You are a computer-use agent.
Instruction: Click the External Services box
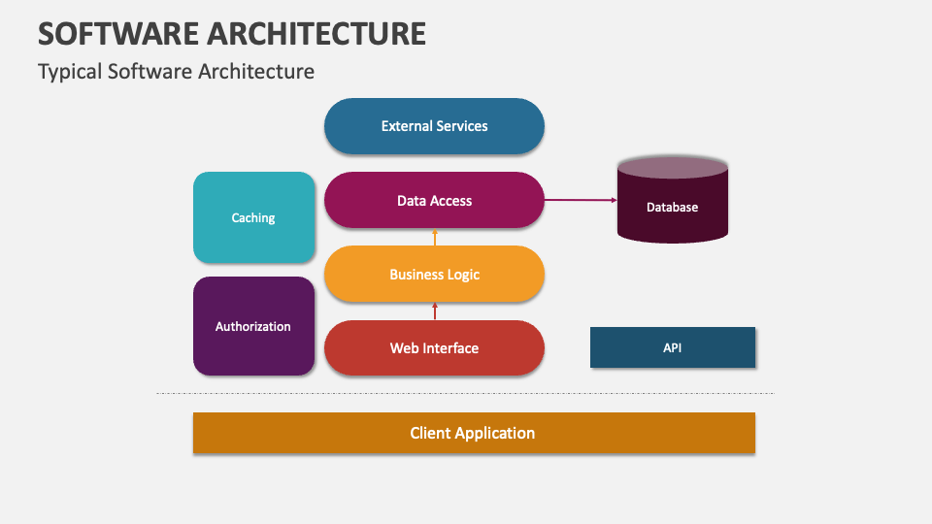click(434, 126)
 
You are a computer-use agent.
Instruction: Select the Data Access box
click(434, 200)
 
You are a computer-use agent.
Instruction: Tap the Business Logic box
click(434, 274)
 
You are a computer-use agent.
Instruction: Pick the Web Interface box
click(434, 347)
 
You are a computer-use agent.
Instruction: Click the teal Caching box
click(253, 217)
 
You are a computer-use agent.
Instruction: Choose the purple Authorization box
click(253, 326)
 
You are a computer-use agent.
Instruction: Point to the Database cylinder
click(672, 200)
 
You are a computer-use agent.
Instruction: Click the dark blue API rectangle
click(672, 347)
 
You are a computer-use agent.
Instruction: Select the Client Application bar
click(474, 433)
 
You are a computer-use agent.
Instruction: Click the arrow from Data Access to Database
click(581, 200)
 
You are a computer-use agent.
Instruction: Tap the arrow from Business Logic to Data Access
click(435, 237)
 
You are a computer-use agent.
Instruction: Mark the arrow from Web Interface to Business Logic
click(435, 311)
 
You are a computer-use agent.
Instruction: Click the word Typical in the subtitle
click(70, 72)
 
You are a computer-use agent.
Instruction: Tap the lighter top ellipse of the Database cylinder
click(672, 168)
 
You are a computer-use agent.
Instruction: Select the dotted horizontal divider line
click(465, 393)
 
